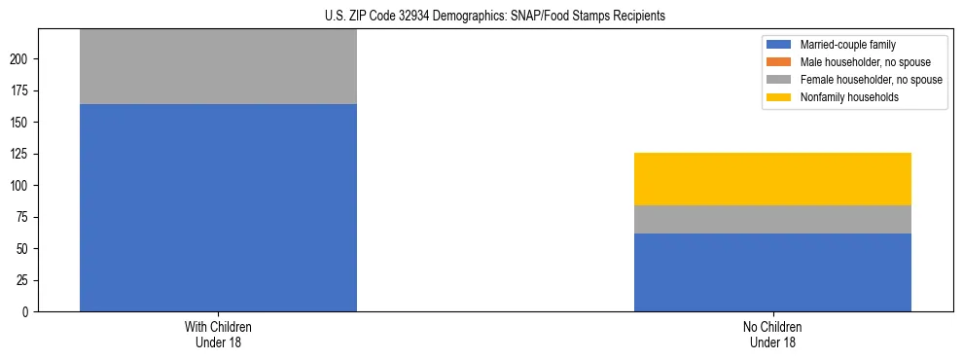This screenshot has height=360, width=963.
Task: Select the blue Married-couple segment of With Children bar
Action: tap(218, 207)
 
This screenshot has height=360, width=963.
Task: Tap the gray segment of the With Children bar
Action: tap(218, 66)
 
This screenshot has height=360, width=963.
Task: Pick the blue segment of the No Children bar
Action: tap(772, 272)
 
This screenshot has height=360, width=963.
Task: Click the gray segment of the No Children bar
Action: tap(772, 219)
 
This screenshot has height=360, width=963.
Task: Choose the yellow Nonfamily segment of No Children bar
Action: tap(772, 179)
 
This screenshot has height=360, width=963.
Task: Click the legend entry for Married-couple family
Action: tap(846, 45)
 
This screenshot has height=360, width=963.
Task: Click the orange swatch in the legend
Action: tap(779, 62)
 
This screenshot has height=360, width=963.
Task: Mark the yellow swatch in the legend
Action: tap(779, 97)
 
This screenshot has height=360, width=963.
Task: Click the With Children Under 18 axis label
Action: tap(218, 334)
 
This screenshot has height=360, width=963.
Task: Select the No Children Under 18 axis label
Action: tap(772, 334)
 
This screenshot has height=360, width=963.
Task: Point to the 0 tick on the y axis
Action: tap(26, 312)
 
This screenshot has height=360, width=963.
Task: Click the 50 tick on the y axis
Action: tap(23, 249)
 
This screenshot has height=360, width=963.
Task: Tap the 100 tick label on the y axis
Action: tap(20, 186)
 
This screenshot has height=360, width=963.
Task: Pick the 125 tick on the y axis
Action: tap(20, 154)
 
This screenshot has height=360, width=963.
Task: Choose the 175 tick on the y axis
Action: tap(20, 90)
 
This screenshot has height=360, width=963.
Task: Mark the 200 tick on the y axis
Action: tap(20, 59)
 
